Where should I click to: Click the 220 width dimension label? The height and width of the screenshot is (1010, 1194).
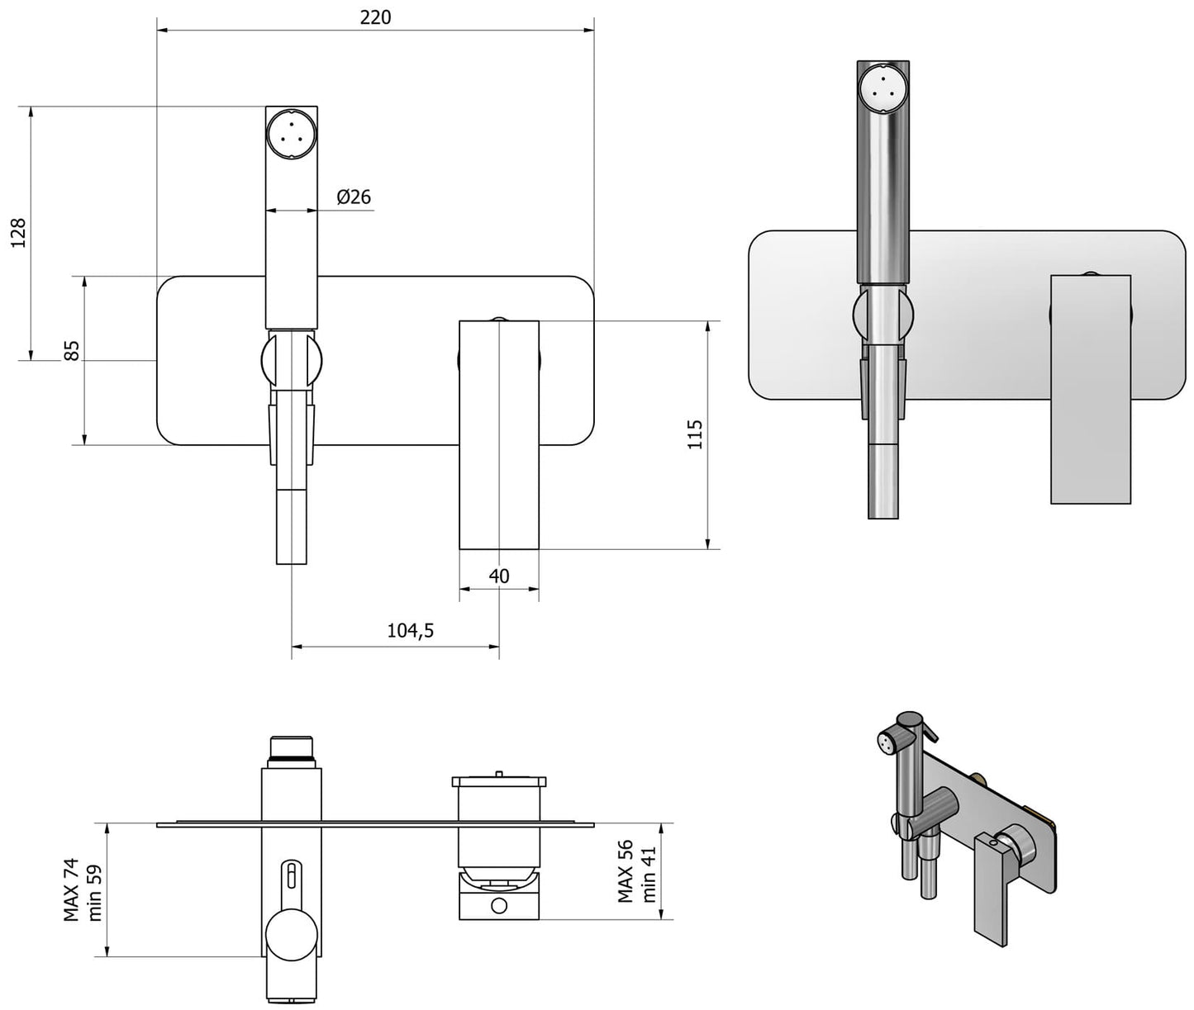coord(375,17)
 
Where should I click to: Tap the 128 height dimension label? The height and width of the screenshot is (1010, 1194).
coord(18,233)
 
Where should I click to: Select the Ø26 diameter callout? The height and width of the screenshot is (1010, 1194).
coord(354,197)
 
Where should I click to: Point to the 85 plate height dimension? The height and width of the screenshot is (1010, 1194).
coord(72,350)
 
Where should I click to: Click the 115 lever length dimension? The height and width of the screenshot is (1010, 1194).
coord(695,434)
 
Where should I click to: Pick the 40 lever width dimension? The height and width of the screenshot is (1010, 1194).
coord(499,576)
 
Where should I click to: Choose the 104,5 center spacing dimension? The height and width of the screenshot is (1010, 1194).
coord(411,631)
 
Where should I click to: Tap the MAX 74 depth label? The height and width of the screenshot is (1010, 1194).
coord(72,890)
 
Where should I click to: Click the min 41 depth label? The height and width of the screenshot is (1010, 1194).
coord(649,874)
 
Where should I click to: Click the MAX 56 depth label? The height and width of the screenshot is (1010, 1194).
coord(626,872)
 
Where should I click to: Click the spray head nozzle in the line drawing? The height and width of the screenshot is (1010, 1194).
coord(291,133)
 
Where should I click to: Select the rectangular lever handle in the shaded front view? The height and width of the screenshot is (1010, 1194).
coord(1090,388)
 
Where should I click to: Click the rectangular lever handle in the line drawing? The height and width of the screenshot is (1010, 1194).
coord(499,434)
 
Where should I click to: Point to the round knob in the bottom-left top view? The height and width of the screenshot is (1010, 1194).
coord(291,936)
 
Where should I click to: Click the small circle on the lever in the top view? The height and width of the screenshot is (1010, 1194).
coord(499,906)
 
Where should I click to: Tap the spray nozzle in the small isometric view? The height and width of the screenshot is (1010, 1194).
coord(887,742)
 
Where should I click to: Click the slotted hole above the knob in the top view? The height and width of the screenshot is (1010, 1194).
coord(291,875)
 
